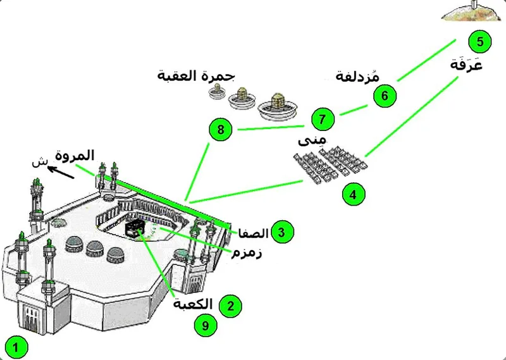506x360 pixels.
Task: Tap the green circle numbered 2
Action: [230, 306]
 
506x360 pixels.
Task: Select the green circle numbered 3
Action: [281, 232]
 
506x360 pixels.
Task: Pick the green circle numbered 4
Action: [354, 194]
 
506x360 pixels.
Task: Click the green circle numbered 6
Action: [384, 96]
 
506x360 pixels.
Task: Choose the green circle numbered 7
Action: [323, 118]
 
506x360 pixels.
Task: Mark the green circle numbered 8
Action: [220, 130]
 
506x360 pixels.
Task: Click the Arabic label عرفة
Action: [466, 65]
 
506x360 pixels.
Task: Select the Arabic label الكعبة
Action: [194, 303]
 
